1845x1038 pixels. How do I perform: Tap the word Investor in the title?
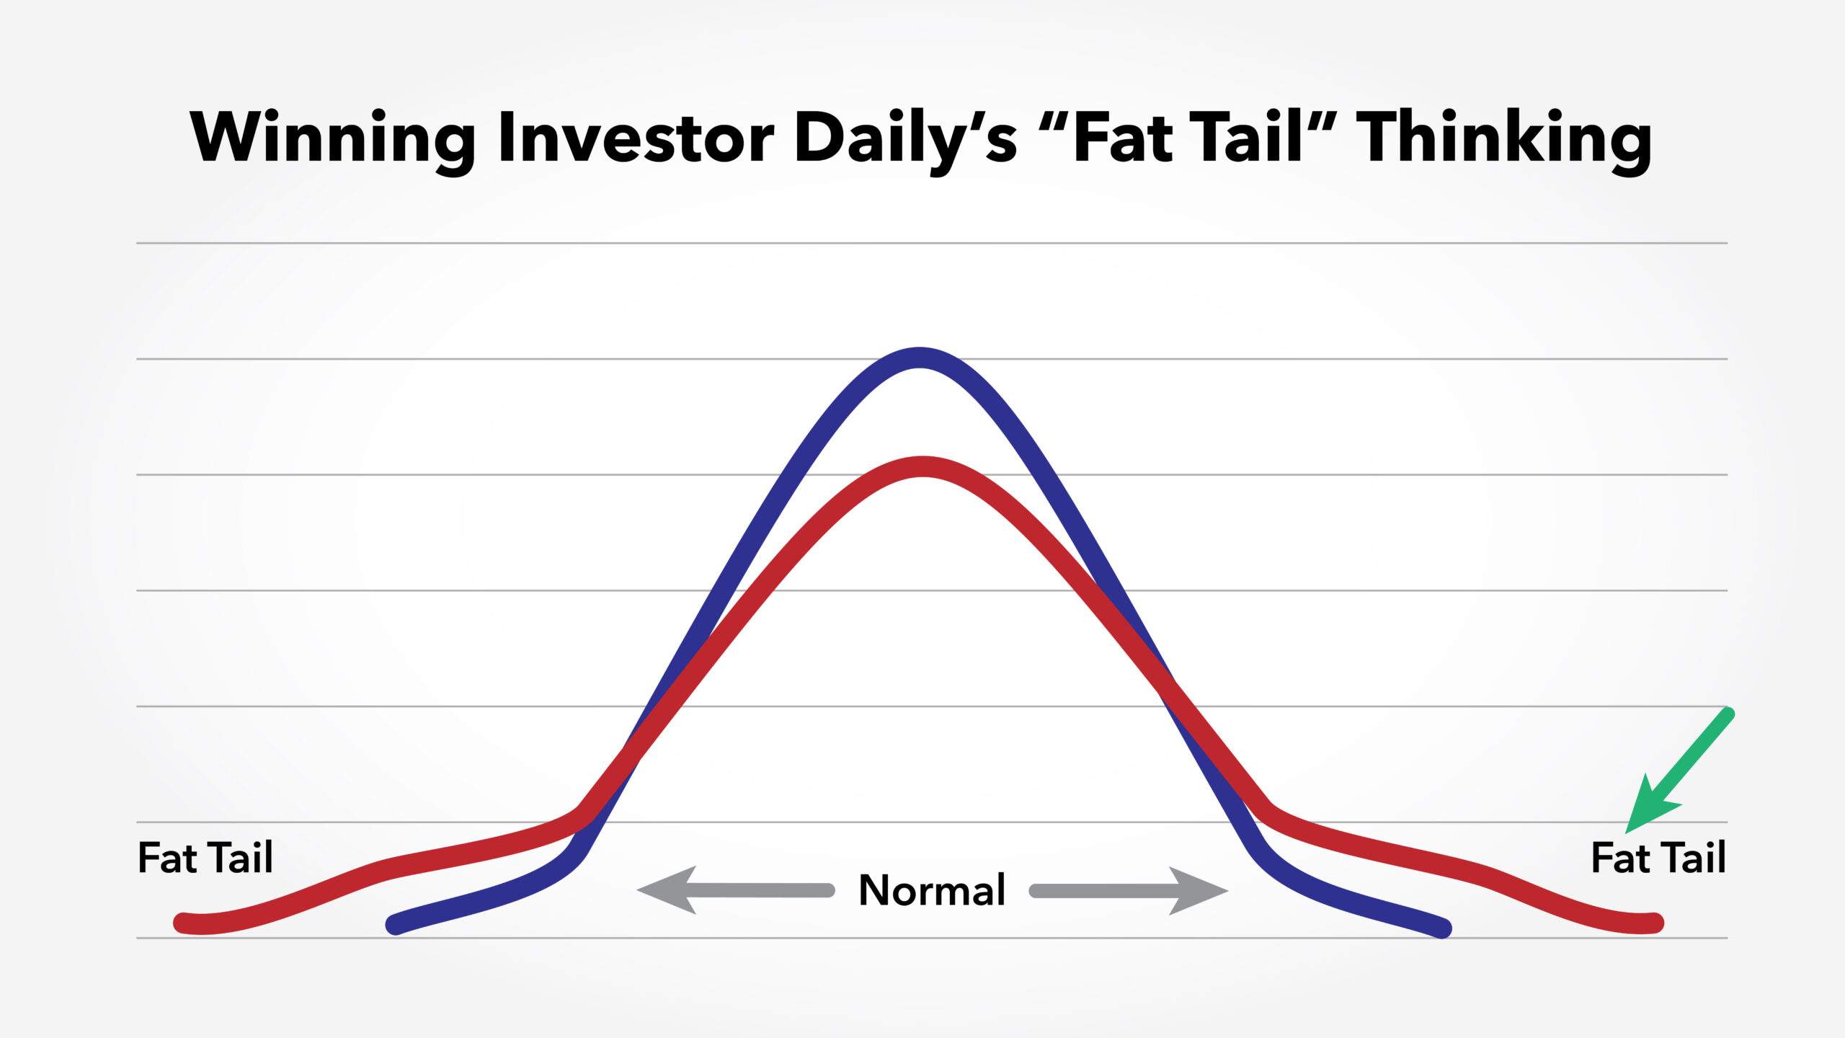click(636, 137)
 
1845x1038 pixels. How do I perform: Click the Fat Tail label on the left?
click(205, 858)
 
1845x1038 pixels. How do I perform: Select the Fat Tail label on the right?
click(1658, 858)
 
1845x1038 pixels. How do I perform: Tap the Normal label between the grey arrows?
click(932, 890)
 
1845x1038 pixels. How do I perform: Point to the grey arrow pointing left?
click(735, 890)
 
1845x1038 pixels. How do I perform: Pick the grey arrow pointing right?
click(1129, 891)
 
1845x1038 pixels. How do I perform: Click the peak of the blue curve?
click(920, 358)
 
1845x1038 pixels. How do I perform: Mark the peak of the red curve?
click(922, 467)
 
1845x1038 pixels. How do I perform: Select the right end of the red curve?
click(1655, 923)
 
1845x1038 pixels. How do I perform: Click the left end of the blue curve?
click(396, 925)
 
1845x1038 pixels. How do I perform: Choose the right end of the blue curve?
click(1442, 928)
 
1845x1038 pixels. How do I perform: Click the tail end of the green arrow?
click(1727, 714)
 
